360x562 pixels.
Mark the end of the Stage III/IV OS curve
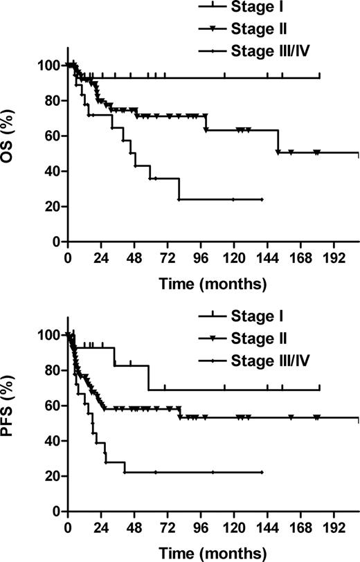coord(262,199)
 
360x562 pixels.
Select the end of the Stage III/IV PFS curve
coord(262,472)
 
